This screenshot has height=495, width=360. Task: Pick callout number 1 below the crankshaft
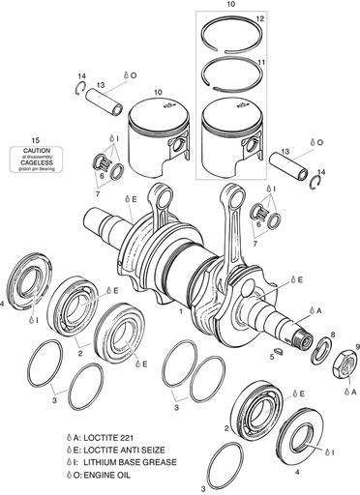tap(181, 315)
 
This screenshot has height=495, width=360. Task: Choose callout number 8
tap(332, 334)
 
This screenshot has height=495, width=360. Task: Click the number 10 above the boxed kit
tap(229, 5)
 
